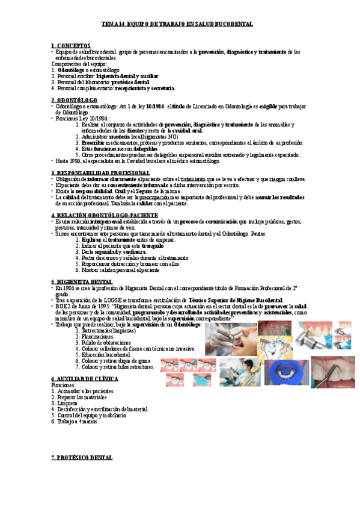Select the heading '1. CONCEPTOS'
[x=71, y=45]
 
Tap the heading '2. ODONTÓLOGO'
[x=74, y=100]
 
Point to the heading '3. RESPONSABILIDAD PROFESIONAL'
[x=100, y=173]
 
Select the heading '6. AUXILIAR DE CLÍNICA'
[x=84, y=378]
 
